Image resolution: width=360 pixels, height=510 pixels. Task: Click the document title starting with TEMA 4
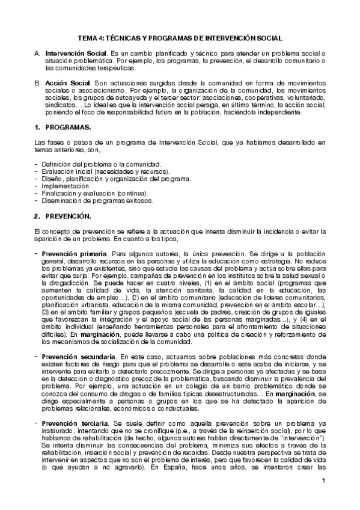click(180, 37)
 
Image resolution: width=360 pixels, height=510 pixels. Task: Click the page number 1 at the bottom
click(323, 497)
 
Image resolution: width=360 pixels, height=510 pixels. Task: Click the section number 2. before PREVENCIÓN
click(37, 216)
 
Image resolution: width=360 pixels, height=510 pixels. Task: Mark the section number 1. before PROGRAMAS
click(37, 128)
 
